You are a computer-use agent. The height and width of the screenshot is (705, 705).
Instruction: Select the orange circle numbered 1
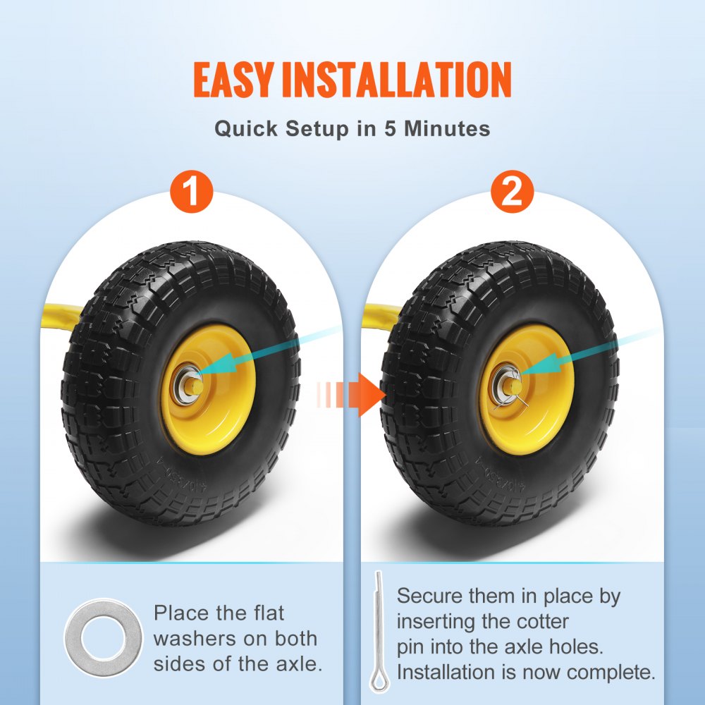point(191,190)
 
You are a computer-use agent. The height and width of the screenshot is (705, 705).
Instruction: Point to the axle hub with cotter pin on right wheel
point(510,386)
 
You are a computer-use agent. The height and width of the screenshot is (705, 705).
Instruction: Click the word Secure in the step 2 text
point(429,596)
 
